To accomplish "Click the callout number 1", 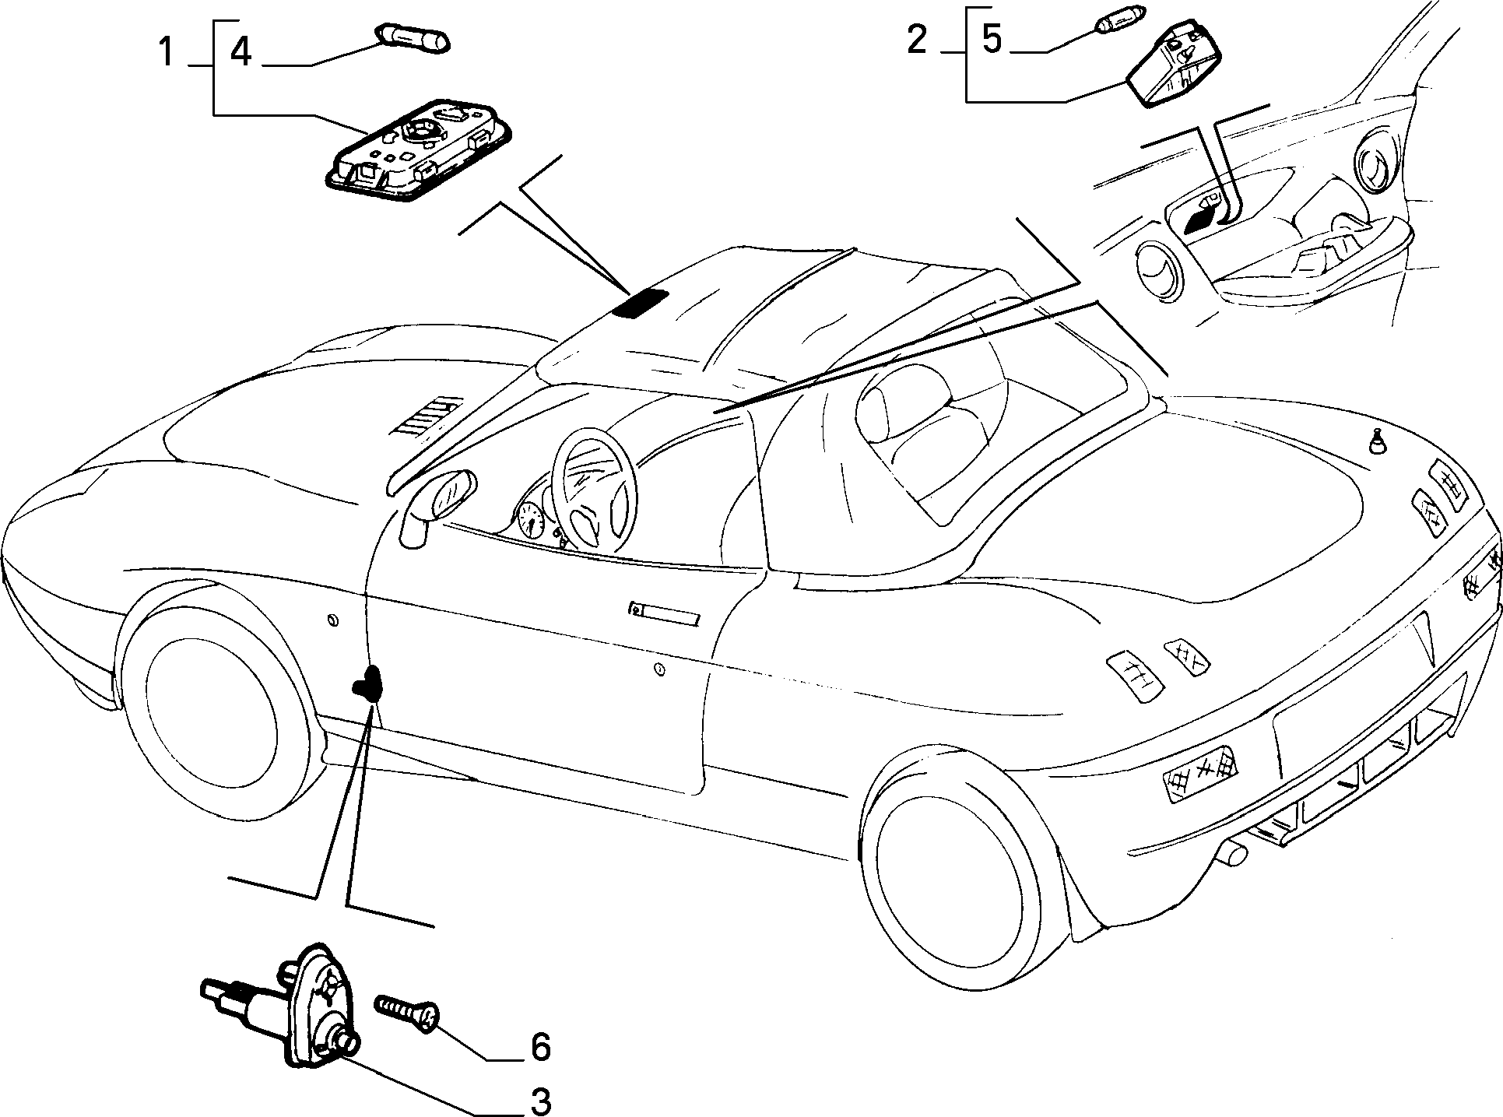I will click(x=166, y=53).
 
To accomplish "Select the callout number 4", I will click(x=241, y=53).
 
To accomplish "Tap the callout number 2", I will click(x=918, y=39).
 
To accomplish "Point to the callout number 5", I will click(x=991, y=39).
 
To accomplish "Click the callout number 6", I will click(x=539, y=1047).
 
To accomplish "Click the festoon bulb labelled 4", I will click(x=413, y=37).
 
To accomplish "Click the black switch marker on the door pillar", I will click(x=368, y=683).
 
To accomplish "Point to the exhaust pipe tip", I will click(x=1233, y=856).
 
